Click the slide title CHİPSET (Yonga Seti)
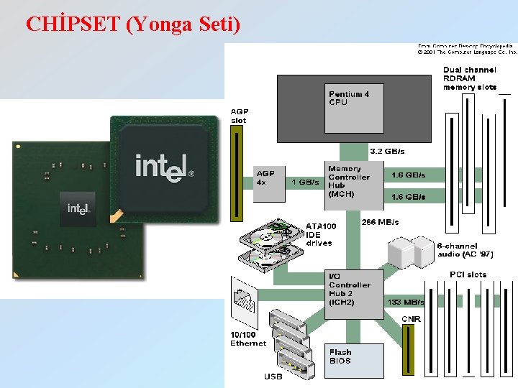pyautogui.click(x=132, y=24)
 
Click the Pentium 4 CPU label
pyautogui.click(x=349, y=98)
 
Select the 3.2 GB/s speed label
pyautogui.click(x=387, y=151)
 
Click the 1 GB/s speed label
pyautogui.click(x=305, y=183)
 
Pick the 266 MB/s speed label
pyautogui.click(x=380, y=222)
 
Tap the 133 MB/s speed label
pyautogui.click(x=406, y=302)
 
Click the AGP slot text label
pyautogui.click(x=238, y=116)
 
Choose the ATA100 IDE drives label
pyautogui.click(x=321, y=234)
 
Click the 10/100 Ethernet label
pyautogui.click(x=248, y=338)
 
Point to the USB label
pyautogui.click(x=273, y=376)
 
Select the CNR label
pyautogui.click(x=411, y=319)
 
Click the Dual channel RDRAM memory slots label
pyautogui.click(x=469, y=78)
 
